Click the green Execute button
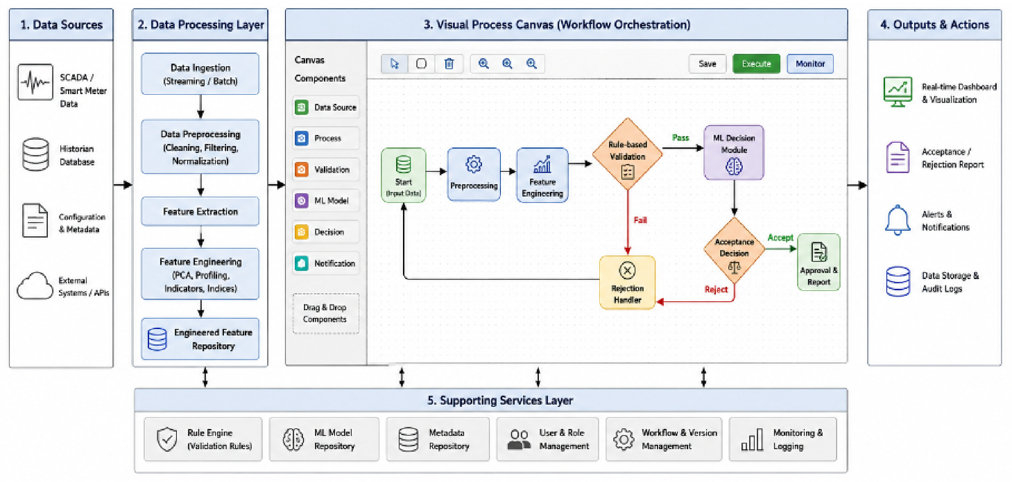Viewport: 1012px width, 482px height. click(x=756, y=64)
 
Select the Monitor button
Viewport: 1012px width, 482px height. click(x=810, y=64)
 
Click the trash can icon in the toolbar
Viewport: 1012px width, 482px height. click(x=449, y=64)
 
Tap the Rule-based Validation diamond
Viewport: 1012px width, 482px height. click(x=627, y=154)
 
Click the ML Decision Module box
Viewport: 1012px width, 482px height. click(x=734, y=152)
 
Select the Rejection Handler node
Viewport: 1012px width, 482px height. click(x=627, y=282)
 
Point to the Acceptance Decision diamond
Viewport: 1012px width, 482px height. click(x=734, y=250)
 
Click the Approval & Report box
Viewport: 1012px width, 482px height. click(x=818, y=262)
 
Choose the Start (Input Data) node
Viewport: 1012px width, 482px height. click(x=403, y=175)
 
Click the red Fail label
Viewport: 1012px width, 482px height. click(x=640, y=220)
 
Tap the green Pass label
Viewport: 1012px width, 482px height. click(x=680, y=138)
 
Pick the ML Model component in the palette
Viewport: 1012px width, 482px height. click(x=326, y=200)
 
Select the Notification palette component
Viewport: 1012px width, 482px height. click(x=326, y=263)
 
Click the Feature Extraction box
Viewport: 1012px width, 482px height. click(x=200, y=212)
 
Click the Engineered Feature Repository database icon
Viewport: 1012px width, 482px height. click(x=157, y=339)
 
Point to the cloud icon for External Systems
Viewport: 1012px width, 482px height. click(x=35, y=286)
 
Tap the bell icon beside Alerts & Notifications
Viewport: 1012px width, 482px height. click(x=897, y=220)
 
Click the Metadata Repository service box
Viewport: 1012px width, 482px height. click(x=438, y=439)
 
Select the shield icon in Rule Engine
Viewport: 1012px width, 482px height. click(x=167, y=439)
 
